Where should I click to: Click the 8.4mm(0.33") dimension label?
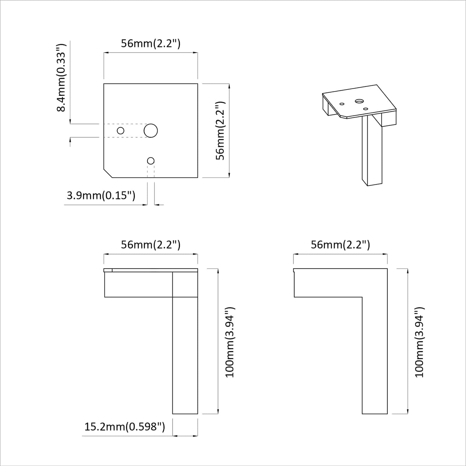(61, 77)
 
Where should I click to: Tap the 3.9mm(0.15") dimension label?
(101, 195)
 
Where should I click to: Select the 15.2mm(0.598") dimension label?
(125, 427)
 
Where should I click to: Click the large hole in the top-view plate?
(151, 131)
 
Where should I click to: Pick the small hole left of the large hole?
(121, 131)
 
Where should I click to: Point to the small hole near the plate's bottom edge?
(151, 161)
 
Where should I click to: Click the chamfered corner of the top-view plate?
(108, 173)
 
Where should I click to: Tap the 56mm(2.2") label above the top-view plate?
(151, 44)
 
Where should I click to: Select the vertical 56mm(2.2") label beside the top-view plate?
(220, 131)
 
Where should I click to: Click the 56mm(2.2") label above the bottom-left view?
(151, 245)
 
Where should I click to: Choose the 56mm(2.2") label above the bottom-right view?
(340, 245)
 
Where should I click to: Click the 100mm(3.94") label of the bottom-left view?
(230, 342)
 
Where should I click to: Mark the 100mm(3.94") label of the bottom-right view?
(420, 342)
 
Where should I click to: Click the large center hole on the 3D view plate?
(358, 101)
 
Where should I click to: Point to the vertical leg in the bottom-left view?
(185, 355)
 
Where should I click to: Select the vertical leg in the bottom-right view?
(375, 355)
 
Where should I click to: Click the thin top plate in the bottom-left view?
(151, 270)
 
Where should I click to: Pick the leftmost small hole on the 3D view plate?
(342, 104)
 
